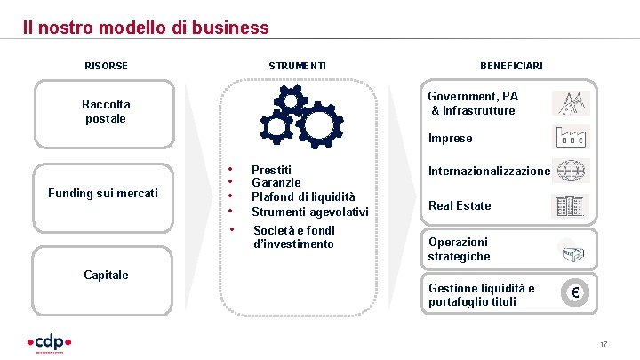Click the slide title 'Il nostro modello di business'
(146, 28)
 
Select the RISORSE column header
(106, 66)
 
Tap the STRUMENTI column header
(297, 66)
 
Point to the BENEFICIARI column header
(511, 66)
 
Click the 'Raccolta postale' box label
(106, 111)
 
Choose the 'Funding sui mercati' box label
(103, 193)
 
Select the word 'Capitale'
(106, 275)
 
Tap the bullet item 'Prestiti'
(271, 169)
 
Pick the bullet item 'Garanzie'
(276, 182)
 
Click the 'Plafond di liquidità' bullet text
(303, 196)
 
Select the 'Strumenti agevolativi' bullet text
(309, 212)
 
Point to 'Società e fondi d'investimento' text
(294, 237)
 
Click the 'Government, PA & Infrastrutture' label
(473, 103)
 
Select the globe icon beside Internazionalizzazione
(570, 170)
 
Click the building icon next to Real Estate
(570, 206)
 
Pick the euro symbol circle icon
(574, 293)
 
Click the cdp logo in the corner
(49, 342)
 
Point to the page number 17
(603, 345)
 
